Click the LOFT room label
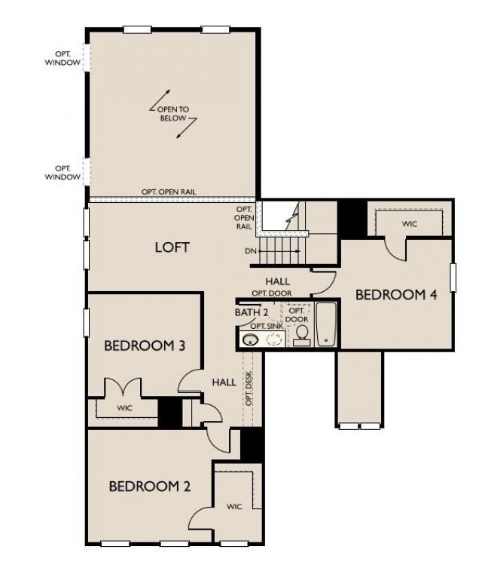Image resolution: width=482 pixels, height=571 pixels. (x=172, y=247)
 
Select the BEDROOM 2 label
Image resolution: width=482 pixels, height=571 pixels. (x=149, y=487)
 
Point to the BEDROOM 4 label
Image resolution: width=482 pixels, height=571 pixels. (x=396, y=295)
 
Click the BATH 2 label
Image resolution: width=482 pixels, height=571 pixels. (x=252, y=312)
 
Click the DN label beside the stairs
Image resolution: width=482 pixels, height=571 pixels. (x=250, y=251)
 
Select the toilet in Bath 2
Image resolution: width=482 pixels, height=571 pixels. (x=302, y=335)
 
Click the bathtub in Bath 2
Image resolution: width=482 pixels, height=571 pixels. (x=326, y=324)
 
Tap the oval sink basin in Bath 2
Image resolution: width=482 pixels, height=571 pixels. (x=250, y=341)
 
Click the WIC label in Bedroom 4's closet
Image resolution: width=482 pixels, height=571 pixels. (x=410, y=224)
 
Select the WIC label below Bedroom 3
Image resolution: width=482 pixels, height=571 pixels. (x=124, y=408)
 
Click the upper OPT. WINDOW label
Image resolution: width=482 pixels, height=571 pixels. (x=63, y=58)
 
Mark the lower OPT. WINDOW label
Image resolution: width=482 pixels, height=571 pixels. (x=63, y=172)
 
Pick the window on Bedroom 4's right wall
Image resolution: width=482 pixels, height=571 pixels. (x=453, y=277)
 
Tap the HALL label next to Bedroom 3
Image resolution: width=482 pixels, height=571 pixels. (x=224, y=382)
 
